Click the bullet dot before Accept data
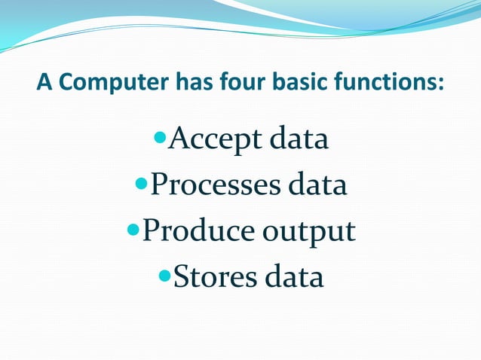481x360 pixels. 158,139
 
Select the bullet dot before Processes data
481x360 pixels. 140,184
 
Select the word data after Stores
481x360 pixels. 292,277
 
